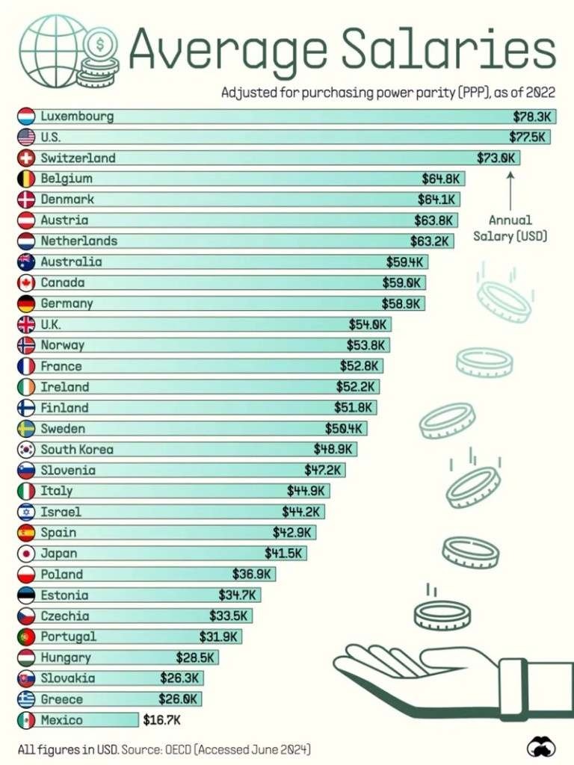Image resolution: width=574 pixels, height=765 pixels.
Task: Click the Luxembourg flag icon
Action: point(26,117)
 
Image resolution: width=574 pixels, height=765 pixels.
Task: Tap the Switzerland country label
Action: point(78,158)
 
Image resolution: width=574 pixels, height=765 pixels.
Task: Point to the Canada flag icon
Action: point(26,283)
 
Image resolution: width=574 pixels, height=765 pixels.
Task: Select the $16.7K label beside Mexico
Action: point(161,720)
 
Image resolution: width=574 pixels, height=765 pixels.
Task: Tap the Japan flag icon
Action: point(26,554)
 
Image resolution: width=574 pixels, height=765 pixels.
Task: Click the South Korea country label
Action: point(77,450)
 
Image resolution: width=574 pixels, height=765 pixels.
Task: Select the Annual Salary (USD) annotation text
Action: point(510,228)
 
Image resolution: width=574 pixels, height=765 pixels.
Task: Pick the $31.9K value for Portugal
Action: point(218,637)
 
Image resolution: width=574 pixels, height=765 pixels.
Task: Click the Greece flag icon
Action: point(26,699)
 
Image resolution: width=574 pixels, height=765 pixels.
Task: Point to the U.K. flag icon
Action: point(26,325)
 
